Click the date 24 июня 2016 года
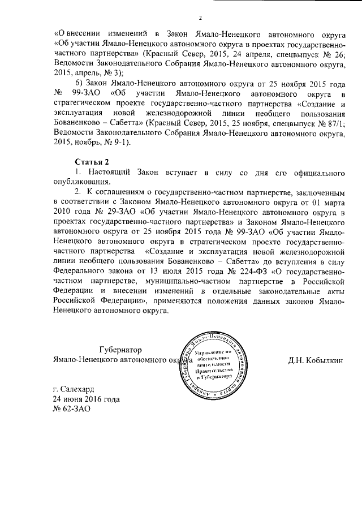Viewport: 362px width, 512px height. pyautogui.click(x=85, y=399)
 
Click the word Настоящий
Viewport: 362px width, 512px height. pyautogui.click(x=110, y=171)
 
